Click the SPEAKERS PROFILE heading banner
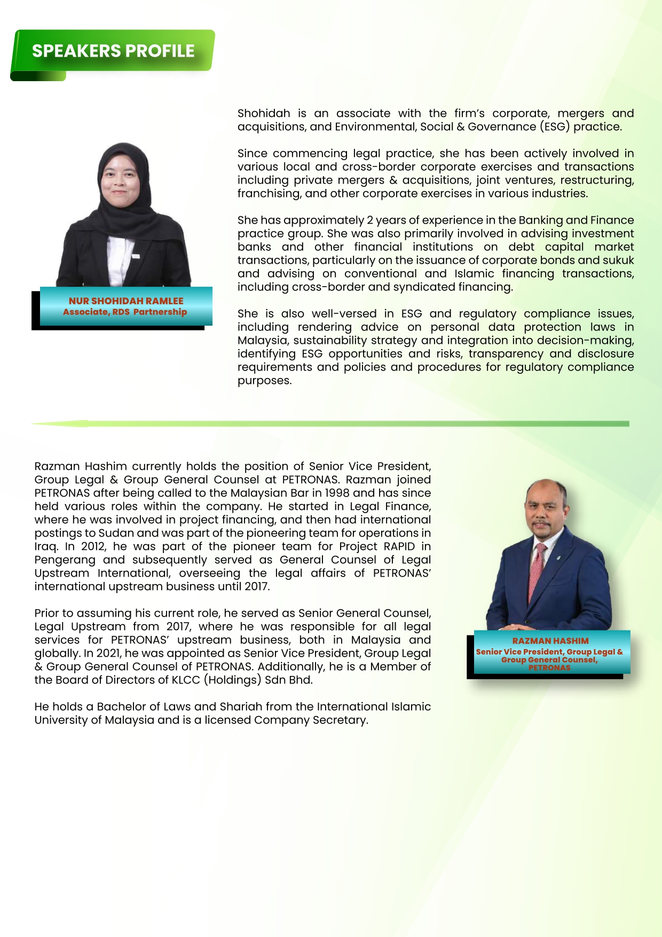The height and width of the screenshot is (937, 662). [113, 51]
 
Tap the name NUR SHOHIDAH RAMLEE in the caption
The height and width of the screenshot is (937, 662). [126, 301]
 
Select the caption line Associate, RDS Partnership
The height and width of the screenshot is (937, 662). [125, 312]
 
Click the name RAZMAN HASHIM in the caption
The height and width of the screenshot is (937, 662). [550, 641]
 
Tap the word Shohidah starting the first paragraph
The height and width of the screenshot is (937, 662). [264, 113]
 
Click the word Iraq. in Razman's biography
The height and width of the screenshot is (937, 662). [46, 546]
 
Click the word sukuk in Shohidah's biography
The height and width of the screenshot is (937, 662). [618, 260]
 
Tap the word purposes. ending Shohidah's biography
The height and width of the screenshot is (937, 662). [265, 381]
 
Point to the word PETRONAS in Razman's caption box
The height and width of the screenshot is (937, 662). [549, 667]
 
